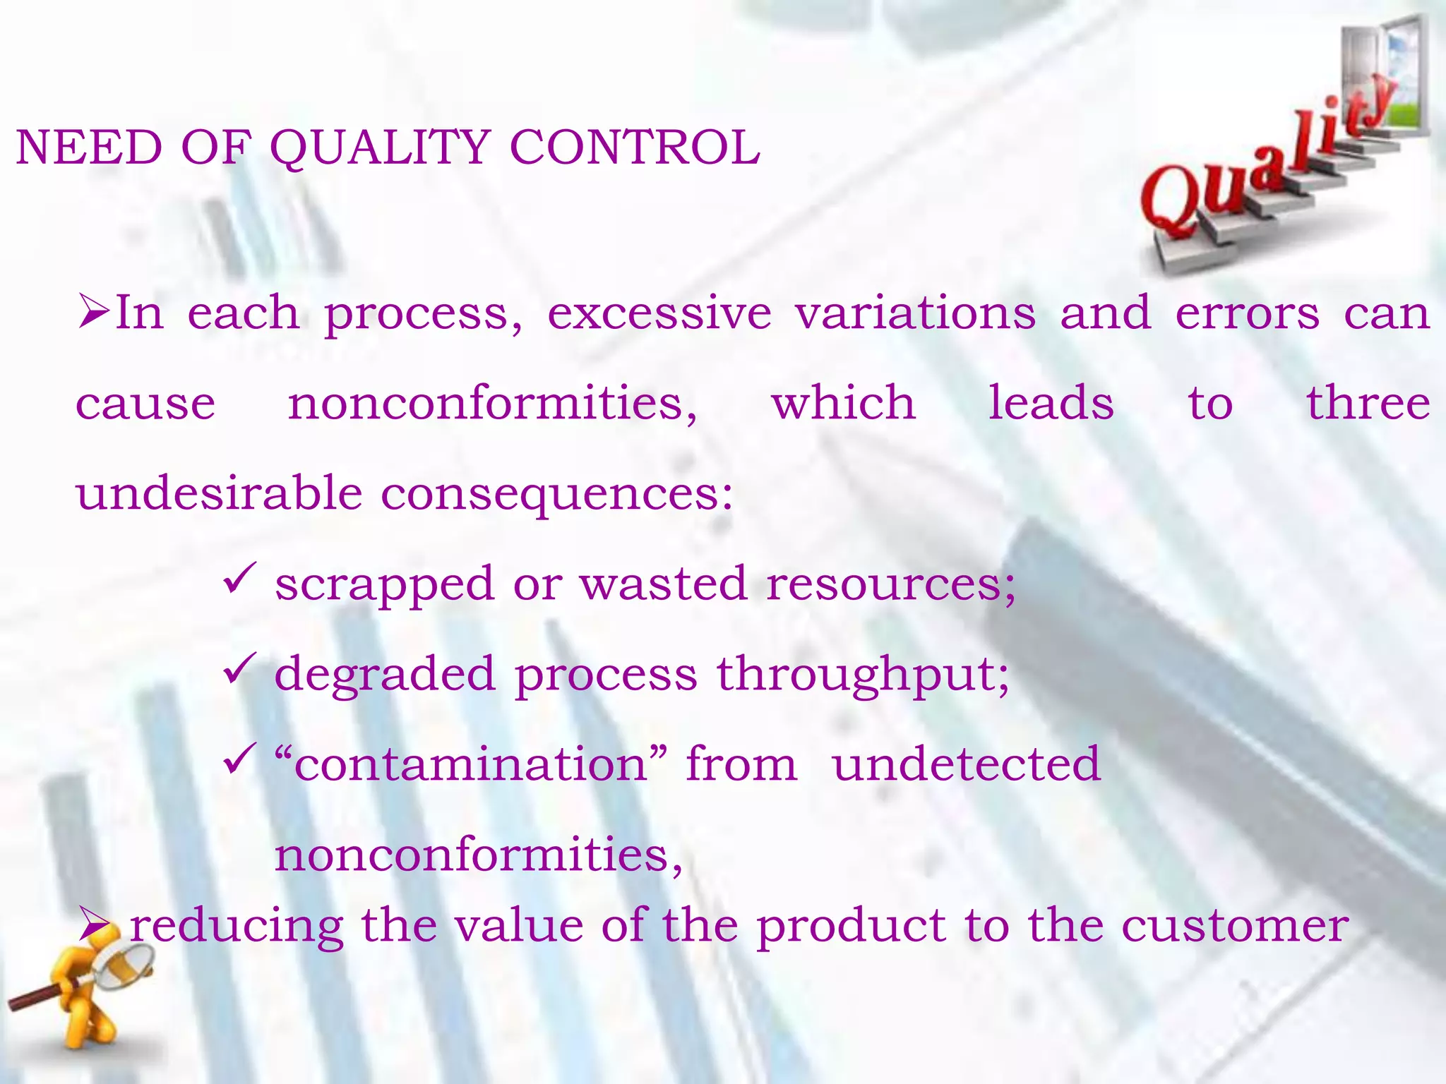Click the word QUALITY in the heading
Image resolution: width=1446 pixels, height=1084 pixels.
pos(380,148)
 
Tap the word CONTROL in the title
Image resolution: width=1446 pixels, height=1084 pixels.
pos(634,148)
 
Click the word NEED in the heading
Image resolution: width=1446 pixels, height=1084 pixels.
pos(89,148)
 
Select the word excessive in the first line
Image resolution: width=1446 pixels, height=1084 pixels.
pos(659,313)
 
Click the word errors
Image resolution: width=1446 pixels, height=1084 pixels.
pos(1247,315)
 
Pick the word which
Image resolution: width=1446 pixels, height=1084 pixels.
pos(843,403)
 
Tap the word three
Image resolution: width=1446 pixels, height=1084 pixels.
pos(1368,403)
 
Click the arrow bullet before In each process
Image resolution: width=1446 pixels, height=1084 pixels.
pos(93,313)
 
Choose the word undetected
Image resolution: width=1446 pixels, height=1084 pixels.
pos(967,764)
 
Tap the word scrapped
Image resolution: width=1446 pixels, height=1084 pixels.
pos(385,585)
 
